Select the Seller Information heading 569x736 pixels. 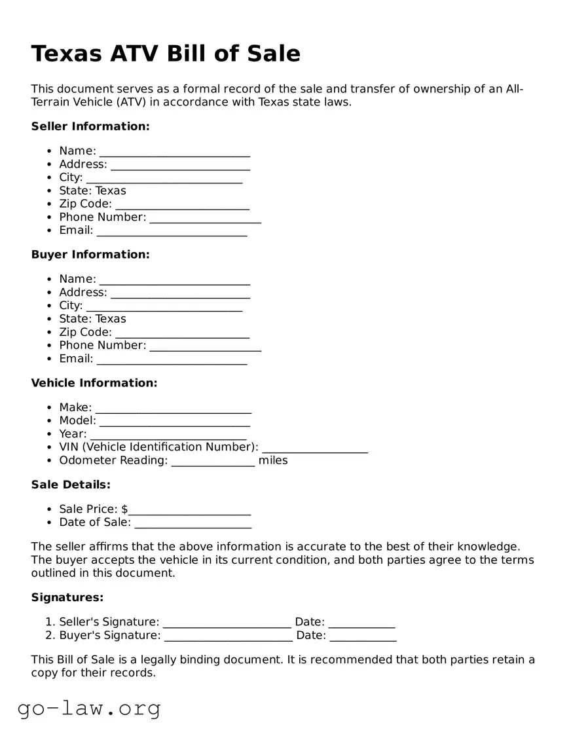90,126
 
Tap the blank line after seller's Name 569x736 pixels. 174,152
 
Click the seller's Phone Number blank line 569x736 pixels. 205,218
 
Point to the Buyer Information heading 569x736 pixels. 90,255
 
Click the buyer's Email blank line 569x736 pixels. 172,359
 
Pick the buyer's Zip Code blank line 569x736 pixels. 182,333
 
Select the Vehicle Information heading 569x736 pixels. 94,383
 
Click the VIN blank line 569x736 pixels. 314,448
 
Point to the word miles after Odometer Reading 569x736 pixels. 273,460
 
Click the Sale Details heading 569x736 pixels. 71,485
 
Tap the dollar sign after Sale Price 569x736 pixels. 124,509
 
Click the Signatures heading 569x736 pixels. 67,598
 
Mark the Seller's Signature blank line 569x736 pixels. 227,623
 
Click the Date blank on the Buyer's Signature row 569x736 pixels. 363,636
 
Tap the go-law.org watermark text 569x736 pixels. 89,708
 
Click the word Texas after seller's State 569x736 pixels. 111,191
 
